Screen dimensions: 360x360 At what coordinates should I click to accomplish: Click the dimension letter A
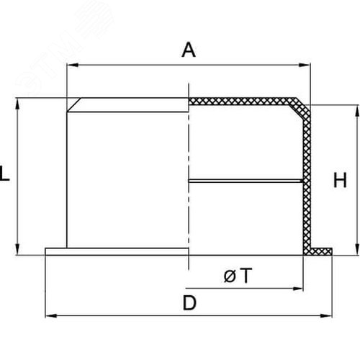coord(189,50)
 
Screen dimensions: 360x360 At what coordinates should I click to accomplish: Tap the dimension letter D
coord(189,303)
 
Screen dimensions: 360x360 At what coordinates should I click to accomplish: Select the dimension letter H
coord(340,180)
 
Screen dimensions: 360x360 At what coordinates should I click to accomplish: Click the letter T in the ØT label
coord(246,276)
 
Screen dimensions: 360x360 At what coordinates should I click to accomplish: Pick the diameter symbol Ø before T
coord(230,276)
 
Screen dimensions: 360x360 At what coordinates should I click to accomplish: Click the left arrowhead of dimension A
coord(73,65)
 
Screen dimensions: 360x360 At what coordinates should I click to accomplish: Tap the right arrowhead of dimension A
coord(304,65)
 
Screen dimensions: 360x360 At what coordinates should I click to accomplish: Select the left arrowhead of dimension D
coord(51,315)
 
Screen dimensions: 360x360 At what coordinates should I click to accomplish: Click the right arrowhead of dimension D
coord(326,315)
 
